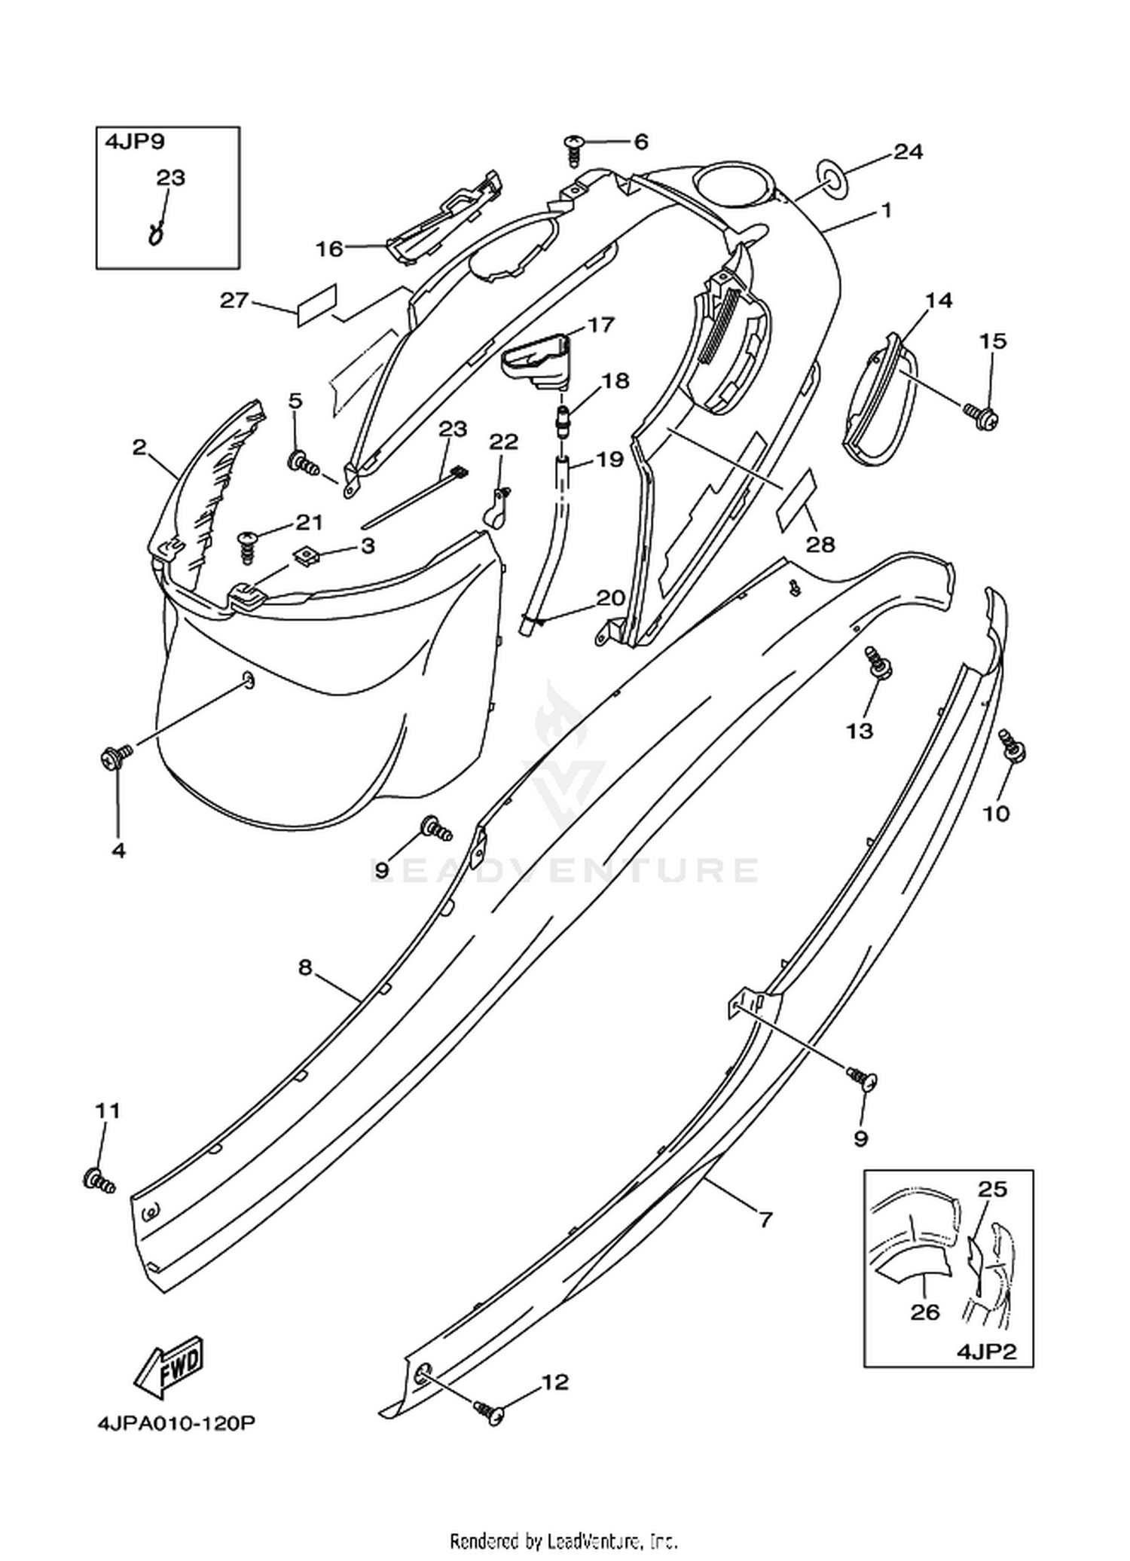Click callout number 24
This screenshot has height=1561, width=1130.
coord(908,151)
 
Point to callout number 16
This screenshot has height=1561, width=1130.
coord(329,249)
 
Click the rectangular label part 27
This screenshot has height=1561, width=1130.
coord(316,306)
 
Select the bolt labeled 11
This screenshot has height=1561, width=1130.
coord(99,1181)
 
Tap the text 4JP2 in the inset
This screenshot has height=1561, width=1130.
coord(986,1352)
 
